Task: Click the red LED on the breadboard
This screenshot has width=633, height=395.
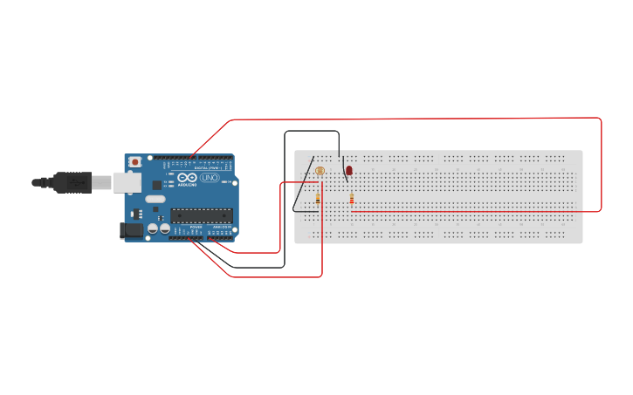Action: tap(349, 170)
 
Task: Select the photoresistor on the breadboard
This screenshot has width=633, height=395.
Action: tap(320, 172)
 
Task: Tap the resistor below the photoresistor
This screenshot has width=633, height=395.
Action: tap(318, 199)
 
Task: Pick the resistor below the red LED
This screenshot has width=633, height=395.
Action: tap(351, 199)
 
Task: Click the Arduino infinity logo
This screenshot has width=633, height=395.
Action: tap(188, 177)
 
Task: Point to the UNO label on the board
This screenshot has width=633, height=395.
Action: tap(210, 177)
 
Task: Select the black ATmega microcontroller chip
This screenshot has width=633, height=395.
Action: tap(201, 215)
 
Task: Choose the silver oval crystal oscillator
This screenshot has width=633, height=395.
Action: tap(155, 199)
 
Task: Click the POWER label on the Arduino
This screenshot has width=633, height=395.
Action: tap(196, 228)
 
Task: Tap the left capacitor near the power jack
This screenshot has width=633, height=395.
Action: tap(153, 228)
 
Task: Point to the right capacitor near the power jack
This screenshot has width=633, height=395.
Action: tap(164, 228)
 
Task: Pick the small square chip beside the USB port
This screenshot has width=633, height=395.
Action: tap(157, 185)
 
